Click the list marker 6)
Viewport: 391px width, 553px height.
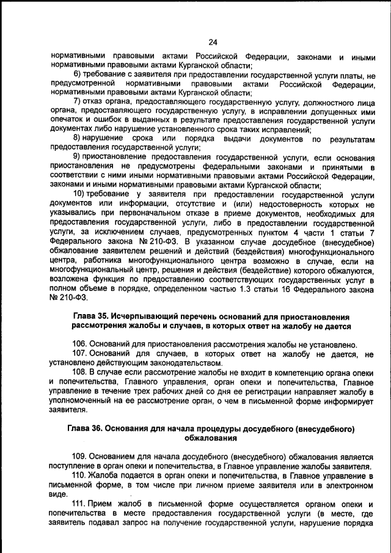[78, 75]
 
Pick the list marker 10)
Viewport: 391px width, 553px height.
[79, 194]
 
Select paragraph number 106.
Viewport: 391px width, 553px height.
[80, 344]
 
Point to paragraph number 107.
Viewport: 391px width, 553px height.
[80, 354]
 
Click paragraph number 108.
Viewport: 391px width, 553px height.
[80, 372]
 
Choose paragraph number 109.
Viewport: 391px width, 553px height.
[80, 456]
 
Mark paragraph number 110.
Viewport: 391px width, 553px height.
[80, 475]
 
